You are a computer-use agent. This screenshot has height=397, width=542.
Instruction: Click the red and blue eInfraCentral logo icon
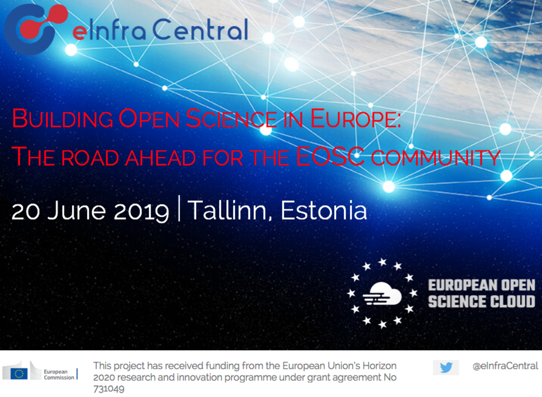[36, 29]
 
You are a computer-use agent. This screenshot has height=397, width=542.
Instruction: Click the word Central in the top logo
[201, 29]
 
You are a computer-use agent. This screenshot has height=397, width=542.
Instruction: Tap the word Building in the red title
[62, 118]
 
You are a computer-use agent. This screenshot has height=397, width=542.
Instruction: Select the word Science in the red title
[231, 118]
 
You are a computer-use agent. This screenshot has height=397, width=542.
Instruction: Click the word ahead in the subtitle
[160, 158]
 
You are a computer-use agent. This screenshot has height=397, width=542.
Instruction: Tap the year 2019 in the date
[141, 211]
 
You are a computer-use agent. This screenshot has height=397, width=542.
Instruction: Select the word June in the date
[76, 211]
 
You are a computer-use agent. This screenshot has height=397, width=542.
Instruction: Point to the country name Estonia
[323, 210]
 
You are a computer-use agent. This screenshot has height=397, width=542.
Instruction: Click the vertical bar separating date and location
[179, 208]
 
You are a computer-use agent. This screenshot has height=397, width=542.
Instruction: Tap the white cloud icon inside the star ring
[382, 294]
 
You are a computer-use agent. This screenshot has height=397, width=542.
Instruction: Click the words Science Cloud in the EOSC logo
[481, 302]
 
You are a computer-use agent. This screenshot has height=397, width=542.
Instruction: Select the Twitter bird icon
[446, 368]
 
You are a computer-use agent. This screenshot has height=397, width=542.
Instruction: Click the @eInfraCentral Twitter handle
[505, 366]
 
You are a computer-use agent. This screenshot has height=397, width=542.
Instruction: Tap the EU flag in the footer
[19, 374]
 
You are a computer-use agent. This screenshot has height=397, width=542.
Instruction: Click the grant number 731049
[109, 389]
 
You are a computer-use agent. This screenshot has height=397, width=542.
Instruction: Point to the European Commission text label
[59, 374]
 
